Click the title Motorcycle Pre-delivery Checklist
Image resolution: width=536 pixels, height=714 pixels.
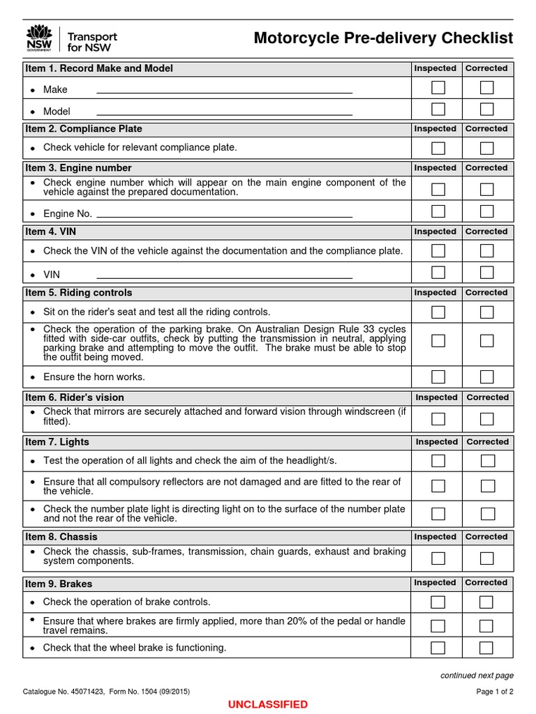(383, 38)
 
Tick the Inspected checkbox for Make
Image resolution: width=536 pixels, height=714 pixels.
(438, 88)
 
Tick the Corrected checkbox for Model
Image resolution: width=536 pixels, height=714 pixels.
(486, 109)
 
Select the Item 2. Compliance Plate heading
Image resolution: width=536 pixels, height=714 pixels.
(84, 129)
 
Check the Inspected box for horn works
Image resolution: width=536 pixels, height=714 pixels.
(438, 377)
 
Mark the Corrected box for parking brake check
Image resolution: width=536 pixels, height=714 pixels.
(486, 340)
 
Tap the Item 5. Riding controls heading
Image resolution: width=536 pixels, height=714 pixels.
(79, 293)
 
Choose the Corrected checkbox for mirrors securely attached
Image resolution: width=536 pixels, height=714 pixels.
(486, 418)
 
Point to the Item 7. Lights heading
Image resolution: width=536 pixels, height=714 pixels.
(57, 442)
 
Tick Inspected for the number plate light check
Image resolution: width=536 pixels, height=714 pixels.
(438, 514)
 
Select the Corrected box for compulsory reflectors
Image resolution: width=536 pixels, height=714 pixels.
(487, 485)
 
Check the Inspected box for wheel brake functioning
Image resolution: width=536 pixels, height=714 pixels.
(438, 648)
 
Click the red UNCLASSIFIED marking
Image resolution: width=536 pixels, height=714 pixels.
(268, 704)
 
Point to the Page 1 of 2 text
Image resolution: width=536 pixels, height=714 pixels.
(494, 692)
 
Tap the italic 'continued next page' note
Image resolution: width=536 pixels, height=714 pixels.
(477, 676)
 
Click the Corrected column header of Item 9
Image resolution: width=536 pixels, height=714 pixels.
(486, 583)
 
